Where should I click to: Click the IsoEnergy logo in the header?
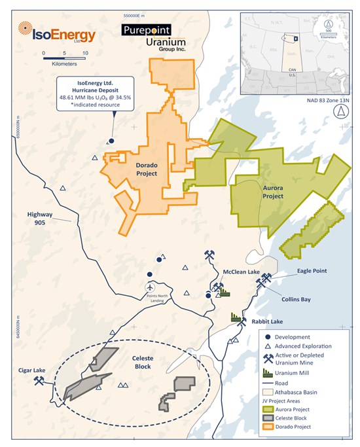click(56, 33)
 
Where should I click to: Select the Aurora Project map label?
click(272, 192)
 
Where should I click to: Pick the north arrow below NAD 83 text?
click(340, 112)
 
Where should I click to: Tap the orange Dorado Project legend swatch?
click(268, 427)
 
